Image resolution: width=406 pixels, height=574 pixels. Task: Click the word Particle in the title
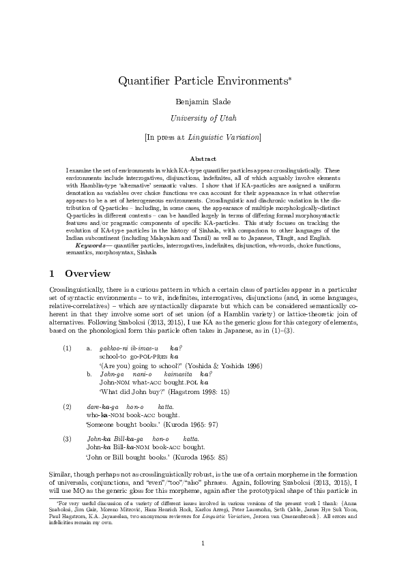click(194, 82)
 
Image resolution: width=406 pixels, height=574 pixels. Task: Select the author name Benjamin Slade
click(203, 102)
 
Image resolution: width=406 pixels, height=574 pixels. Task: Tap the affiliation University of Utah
click(203, 119)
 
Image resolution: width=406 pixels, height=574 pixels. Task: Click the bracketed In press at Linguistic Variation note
click(203, 137)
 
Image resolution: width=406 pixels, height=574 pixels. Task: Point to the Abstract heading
click(203, 157)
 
